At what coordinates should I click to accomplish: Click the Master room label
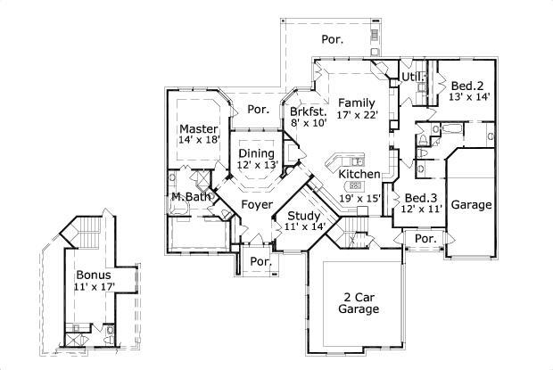point(199,129)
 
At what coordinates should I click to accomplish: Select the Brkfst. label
point(308,111)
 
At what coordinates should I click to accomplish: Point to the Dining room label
point(257,153)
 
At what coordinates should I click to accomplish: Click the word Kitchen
point(359,174)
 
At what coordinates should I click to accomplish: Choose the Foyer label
point(257,205)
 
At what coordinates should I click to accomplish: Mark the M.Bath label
point(189,196)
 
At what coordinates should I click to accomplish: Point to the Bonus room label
point(93,275)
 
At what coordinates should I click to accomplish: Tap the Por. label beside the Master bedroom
point(258,110)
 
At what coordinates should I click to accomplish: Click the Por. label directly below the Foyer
point(260,261)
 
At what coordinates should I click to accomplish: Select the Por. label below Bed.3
point(425,239)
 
